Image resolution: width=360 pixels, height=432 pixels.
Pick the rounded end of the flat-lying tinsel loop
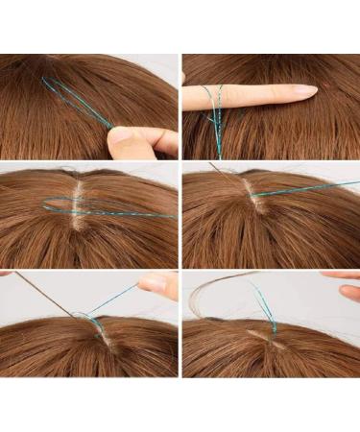[45, 204]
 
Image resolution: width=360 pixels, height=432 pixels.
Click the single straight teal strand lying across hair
[307, 188]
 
